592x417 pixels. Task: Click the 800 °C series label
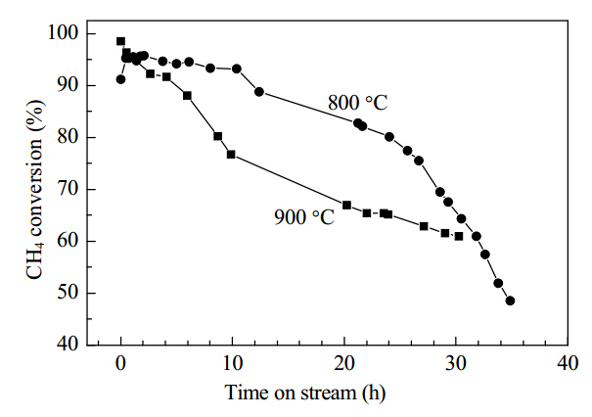pos(357,103)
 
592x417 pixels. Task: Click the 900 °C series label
pos(304,217)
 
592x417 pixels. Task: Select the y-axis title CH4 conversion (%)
pos(34,190)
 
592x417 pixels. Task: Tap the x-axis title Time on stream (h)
pos(305,393)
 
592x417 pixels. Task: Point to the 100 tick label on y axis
pos(63,33)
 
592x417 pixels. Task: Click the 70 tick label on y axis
pos(68,189)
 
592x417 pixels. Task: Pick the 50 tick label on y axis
pos(68,293)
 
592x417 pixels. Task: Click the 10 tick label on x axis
pos(232,363)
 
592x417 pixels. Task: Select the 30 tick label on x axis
pos(456,363)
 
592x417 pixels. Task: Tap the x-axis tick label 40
pos(568,363)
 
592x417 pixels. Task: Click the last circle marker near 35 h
pos(510,301)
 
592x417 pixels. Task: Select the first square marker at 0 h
pos(120,41)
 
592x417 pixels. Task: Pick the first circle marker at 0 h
pos(120,79)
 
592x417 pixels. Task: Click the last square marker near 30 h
pos(459,236)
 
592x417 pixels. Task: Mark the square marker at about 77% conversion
pos(231,154)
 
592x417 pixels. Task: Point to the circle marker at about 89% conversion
pos(259,91)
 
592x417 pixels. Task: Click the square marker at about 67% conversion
pos(346,205)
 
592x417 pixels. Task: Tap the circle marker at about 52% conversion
pos(498,283)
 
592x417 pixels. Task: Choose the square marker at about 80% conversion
pos(218,136)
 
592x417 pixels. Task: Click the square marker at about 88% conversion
pos(187,96)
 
